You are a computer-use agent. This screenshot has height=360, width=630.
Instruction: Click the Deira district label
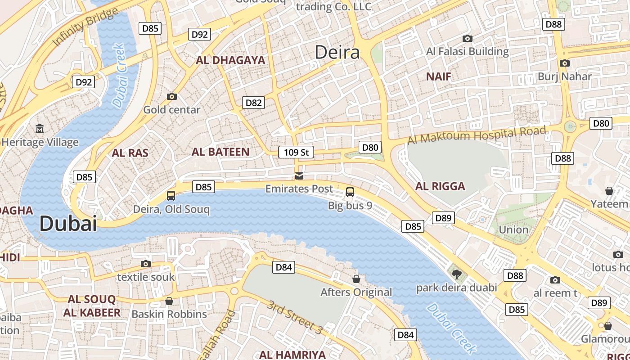point(337,53)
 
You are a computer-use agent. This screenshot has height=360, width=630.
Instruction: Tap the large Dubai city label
point(68,224)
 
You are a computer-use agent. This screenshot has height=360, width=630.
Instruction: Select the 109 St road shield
point(296,152)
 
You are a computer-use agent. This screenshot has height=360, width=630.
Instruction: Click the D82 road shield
point(253,103)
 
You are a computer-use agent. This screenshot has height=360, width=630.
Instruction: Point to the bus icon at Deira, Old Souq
point(171,195)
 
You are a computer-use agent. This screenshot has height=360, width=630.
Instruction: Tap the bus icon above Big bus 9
point(350,192)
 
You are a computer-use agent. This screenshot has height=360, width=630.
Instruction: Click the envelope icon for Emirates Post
point(299,175)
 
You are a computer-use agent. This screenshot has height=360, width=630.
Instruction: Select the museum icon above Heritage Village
point(40,129)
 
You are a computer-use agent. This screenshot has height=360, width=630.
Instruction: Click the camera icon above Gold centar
point(171,96)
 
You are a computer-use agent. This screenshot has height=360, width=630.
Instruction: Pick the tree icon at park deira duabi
point(456,274)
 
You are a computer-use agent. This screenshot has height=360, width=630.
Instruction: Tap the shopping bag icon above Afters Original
point(356,279)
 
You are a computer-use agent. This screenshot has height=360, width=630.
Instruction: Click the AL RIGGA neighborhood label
point(440,186)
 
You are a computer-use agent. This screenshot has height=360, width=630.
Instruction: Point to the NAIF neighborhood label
point(438,76)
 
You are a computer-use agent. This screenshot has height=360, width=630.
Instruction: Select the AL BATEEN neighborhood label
point(220,152)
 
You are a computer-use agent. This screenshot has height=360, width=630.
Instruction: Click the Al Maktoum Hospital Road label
point(477,135)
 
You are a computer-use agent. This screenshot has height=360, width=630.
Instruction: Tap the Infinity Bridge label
point(85,27)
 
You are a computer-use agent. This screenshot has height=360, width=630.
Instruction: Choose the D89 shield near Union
point(443,218)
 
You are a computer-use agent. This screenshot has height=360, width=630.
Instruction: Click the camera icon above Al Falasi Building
point(468,39)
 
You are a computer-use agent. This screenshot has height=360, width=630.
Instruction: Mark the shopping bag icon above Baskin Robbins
point(169,301)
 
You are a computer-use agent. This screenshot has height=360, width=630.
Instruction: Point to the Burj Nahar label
point(565,76)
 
